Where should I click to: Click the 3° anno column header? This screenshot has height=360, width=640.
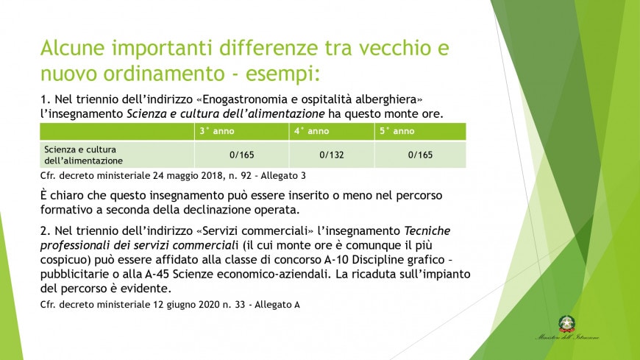[x=217, y=131]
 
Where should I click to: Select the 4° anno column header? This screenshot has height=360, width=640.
[x=311, y=131]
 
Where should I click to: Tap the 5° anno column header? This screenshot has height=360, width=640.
[x=397, y=131]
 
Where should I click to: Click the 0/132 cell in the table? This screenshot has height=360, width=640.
[x=332, y=155]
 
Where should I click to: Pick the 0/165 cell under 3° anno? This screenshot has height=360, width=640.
[x=241, y=155]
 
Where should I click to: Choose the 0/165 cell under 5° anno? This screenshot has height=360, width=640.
[x=420, y=155]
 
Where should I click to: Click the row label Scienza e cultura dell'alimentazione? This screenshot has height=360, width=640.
[x=83, y=155]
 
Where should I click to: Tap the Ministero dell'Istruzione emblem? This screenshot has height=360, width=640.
[x=567, y=324]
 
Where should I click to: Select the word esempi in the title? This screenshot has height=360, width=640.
[x=280, y=74]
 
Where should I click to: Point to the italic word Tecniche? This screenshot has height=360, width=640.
[x=427, y=231]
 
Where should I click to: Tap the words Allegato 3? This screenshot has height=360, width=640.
[x=283, y=176]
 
